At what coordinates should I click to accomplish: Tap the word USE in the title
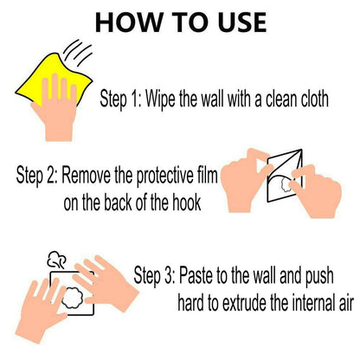(242, 22)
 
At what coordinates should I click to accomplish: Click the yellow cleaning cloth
(54, 78)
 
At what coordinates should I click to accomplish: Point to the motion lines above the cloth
(78, 53)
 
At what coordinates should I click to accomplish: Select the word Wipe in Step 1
(160, 99)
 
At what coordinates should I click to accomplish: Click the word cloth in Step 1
(315, 99)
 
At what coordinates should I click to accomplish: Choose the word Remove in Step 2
(86, 175)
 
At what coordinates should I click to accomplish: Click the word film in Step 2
(207, 175)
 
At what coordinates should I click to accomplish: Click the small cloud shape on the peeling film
(286, 184)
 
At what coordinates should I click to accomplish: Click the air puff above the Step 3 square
(57, 260)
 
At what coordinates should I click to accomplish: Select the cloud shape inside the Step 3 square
(73, 298)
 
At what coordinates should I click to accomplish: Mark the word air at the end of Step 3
(346, 304)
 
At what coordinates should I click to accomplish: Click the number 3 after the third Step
(169, 276)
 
